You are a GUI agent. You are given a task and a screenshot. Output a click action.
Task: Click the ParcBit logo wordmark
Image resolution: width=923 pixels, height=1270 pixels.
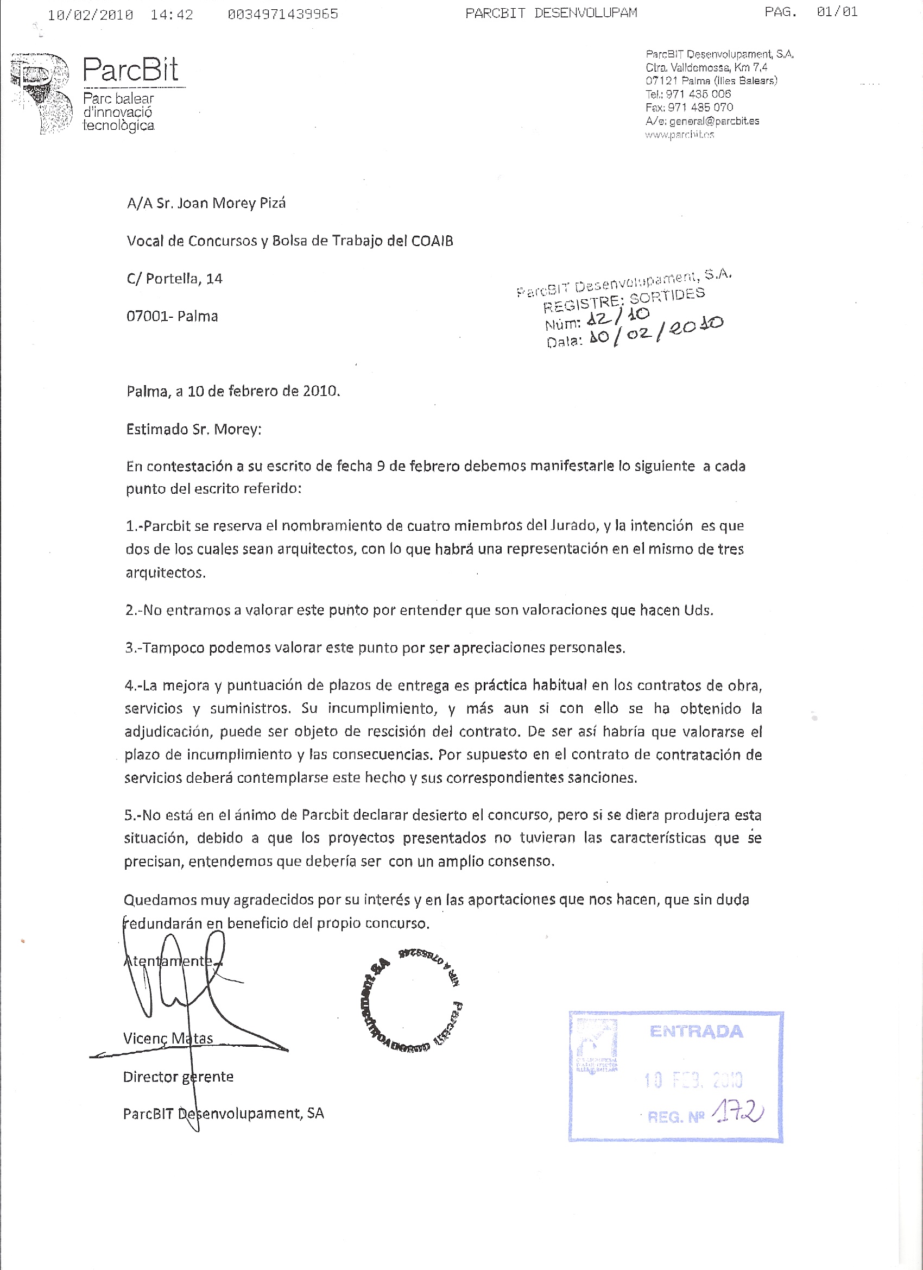click(130, 71)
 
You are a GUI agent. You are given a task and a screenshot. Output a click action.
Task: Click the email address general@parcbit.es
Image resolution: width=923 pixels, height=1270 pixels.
click(714, 121)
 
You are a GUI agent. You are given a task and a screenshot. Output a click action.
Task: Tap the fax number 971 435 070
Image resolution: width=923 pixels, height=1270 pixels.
click(700, 107)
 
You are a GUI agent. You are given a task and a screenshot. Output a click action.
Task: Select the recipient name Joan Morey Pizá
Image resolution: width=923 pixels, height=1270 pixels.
click(231, 203)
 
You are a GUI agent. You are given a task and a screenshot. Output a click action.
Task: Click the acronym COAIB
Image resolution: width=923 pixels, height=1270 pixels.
click(432, 241)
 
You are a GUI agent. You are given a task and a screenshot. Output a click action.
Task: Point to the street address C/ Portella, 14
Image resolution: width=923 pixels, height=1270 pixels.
click(175, 278)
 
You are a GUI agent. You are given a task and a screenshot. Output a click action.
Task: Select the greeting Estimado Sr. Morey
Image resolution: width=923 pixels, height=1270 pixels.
click(194, 429)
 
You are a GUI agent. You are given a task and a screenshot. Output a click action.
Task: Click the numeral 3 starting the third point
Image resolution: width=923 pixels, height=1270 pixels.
click(129, 648)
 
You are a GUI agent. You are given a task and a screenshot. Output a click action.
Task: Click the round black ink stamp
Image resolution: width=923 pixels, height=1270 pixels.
click(411, 1001)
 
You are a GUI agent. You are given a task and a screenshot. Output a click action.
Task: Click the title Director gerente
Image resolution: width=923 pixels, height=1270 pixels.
click(178, 1076)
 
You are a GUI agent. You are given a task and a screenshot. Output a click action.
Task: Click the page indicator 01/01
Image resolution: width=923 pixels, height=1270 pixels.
click(837, 12)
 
